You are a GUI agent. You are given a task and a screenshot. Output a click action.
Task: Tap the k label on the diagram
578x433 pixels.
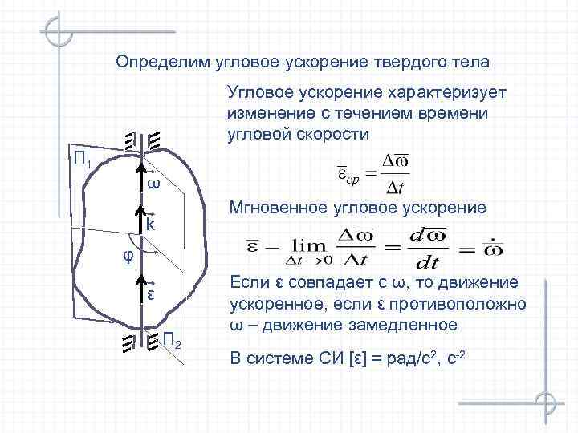[150, 226]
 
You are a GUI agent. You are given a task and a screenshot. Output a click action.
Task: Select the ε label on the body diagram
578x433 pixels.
[150, 294]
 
